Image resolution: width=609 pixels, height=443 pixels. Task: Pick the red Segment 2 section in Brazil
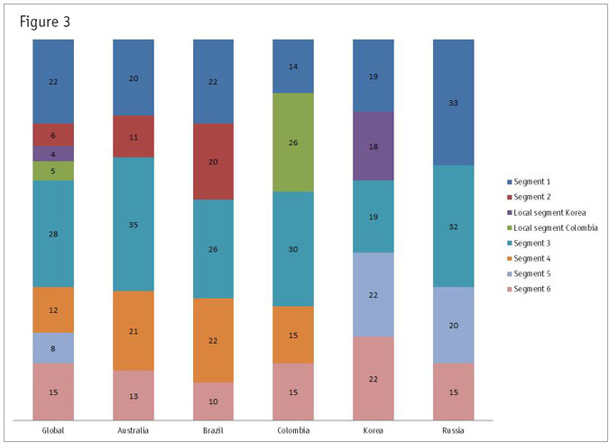[x=213, y=162]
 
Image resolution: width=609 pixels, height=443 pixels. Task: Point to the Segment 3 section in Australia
[x=133, y=224]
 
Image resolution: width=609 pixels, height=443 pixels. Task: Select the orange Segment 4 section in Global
[x=53, y=309]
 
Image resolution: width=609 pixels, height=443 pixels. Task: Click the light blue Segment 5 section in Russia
[x=452, y=325]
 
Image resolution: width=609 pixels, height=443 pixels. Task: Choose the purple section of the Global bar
[x=53, y=153]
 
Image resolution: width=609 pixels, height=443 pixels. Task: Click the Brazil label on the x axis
[x=213, y=430]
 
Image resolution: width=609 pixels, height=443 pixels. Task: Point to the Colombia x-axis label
[x=292, y=430]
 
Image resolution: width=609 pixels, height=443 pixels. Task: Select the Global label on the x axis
[x=53, y=430]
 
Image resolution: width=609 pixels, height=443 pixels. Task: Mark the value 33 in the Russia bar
[x=452, y=102]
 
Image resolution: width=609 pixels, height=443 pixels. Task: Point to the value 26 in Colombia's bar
[x=292, y=142]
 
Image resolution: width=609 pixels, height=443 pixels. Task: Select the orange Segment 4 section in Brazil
[x=213, y=340]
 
